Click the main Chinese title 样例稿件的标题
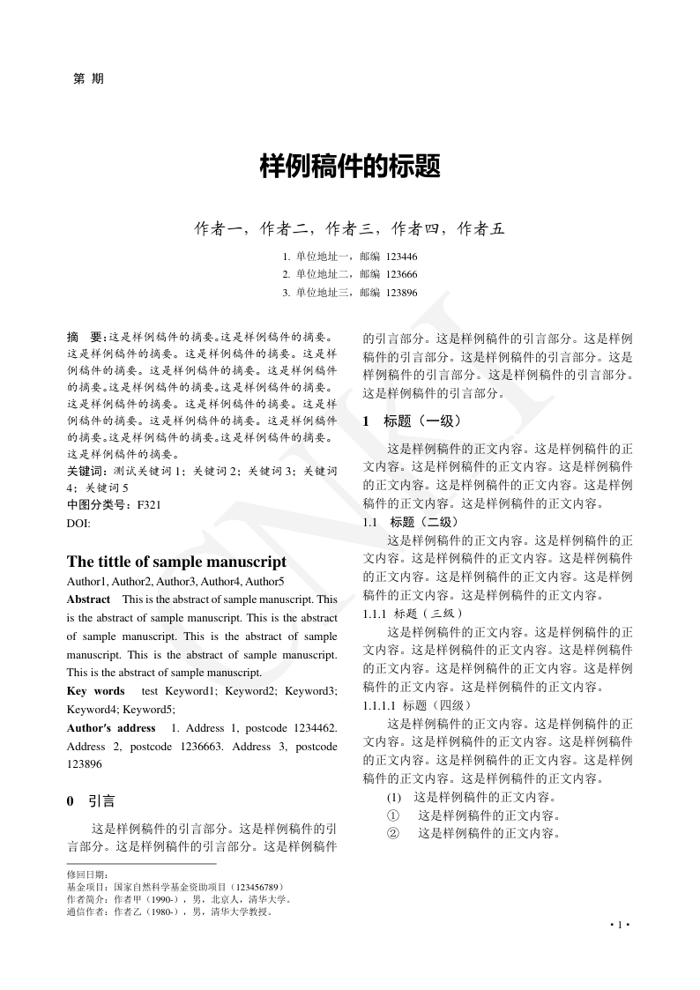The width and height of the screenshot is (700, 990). (x=350, y=167)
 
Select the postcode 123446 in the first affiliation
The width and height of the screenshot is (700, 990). (x=401, y=257)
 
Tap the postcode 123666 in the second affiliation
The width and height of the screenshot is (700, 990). (x=401, y=274)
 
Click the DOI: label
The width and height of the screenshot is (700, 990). (x=79, y=523)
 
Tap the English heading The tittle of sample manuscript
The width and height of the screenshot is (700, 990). (x=176, y=562)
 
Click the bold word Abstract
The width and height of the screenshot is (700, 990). (x=88, y=599)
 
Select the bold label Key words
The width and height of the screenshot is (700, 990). (x=96, y=691)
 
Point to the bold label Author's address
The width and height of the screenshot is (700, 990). (x=111, y=728)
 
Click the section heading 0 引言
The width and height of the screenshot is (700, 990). (x=92, y=801)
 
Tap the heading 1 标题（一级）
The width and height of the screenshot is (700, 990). (x=411, y=421)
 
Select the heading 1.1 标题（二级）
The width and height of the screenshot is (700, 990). (x=410, y=522)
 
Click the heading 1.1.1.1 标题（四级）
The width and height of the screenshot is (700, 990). (x=417, y=705)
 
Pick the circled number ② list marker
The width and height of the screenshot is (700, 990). (x=393, y=833)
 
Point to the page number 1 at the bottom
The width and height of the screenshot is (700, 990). (x=620, y=925)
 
